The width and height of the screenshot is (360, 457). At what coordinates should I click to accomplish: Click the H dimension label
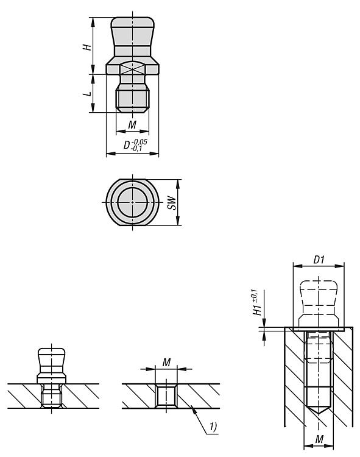86,47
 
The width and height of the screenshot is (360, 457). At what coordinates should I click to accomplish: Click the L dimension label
86,94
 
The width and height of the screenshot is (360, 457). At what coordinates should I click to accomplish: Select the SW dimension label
172,202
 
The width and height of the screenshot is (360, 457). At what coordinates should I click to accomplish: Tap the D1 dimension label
319,260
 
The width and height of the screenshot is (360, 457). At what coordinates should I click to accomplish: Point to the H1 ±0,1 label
256,302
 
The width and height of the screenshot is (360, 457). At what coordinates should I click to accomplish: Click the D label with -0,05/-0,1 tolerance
135,145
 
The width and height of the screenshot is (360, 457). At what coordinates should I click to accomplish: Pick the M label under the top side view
132,125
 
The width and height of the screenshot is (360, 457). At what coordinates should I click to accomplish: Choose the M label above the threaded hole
166,363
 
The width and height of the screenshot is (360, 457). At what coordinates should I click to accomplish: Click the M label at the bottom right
319,439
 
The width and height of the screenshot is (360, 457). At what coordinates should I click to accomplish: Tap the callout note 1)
213,427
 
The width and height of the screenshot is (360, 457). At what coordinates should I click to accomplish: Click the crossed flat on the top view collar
133,69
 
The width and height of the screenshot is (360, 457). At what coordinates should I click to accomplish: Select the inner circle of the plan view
133,202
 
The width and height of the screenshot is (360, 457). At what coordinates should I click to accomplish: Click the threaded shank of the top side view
133,99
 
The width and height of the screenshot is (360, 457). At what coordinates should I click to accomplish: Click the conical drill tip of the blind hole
319,409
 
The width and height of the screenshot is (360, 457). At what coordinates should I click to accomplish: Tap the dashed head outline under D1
319,302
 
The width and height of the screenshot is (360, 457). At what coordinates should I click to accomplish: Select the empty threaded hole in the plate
166,395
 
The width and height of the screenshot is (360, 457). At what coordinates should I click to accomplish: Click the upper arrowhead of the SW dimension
178,182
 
